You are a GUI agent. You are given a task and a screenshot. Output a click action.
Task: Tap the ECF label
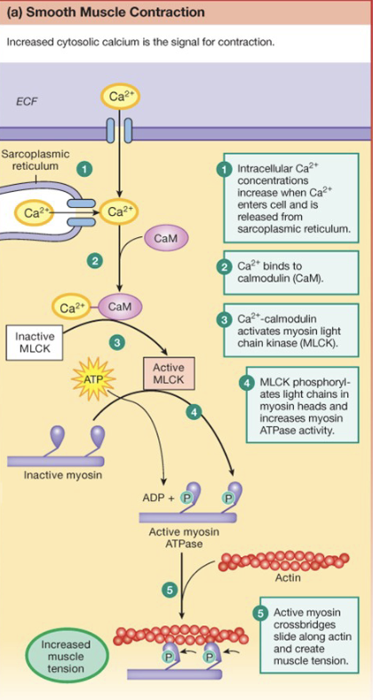pyautogui.click(x=28, y=100)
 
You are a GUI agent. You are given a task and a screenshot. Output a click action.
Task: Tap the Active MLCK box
pyautogui.click(x=168, y=373)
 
